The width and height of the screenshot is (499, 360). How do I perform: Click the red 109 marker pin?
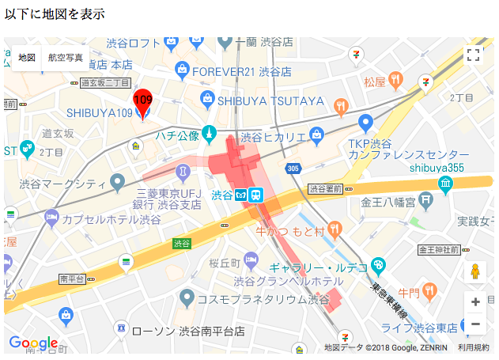[x=142, y=100]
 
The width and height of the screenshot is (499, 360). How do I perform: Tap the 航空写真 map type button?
[x=65, y=58]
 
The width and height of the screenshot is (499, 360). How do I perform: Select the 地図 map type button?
[x=27, y=58]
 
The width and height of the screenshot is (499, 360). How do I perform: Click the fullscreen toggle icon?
[x=473, y=55]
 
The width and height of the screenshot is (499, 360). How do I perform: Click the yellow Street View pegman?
[x=475, y=271]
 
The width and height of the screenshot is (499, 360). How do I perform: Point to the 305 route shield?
[x=293, y=169]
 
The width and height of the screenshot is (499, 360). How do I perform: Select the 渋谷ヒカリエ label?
[x=273, y=137]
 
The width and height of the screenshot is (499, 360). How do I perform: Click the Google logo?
[x=33, y=343]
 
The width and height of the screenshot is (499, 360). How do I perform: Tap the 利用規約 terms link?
[x=473, y=347]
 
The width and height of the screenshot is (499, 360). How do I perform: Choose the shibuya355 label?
[x=436, y=167]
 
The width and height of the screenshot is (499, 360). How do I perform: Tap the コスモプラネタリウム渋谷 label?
[x=263, y=298]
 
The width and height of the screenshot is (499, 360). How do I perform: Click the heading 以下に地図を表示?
[x=55, y=14]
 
